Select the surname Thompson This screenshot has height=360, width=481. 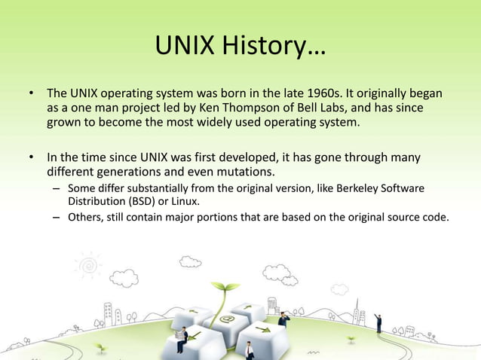[250, 108]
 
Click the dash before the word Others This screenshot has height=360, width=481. [57, 218]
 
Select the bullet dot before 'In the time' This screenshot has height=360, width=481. [32, 157]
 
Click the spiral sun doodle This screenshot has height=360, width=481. [89, 265]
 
